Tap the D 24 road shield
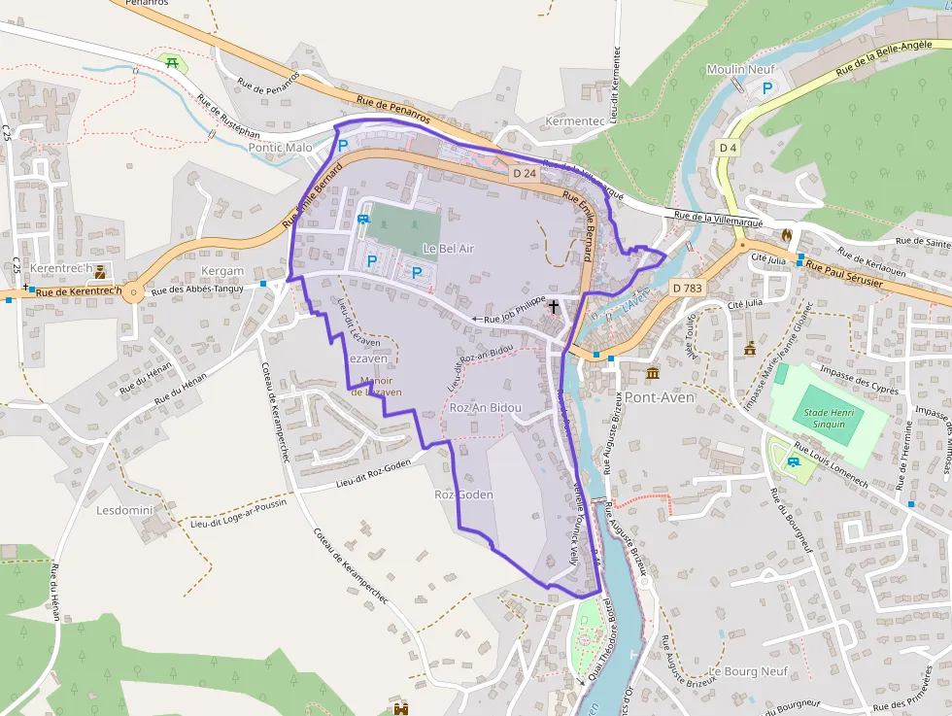[x=524, y=173]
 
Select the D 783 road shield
[x=687, y=288]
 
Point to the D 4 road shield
[x=729, y=147]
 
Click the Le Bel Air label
[x=448, y=249]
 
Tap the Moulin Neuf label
[x=739, y=70]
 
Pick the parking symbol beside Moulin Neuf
[x=766, y=88]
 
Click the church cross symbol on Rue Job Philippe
[x=554, y=307]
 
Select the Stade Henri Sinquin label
[x=824, y=418]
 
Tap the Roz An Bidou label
[x=486, y=408]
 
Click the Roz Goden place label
[x=463, y=494]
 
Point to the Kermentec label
[x=575, y=120]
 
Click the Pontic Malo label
[x=281, y=148]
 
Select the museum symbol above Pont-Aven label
[x=652, y=374]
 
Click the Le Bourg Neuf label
[x=748, y=671]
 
